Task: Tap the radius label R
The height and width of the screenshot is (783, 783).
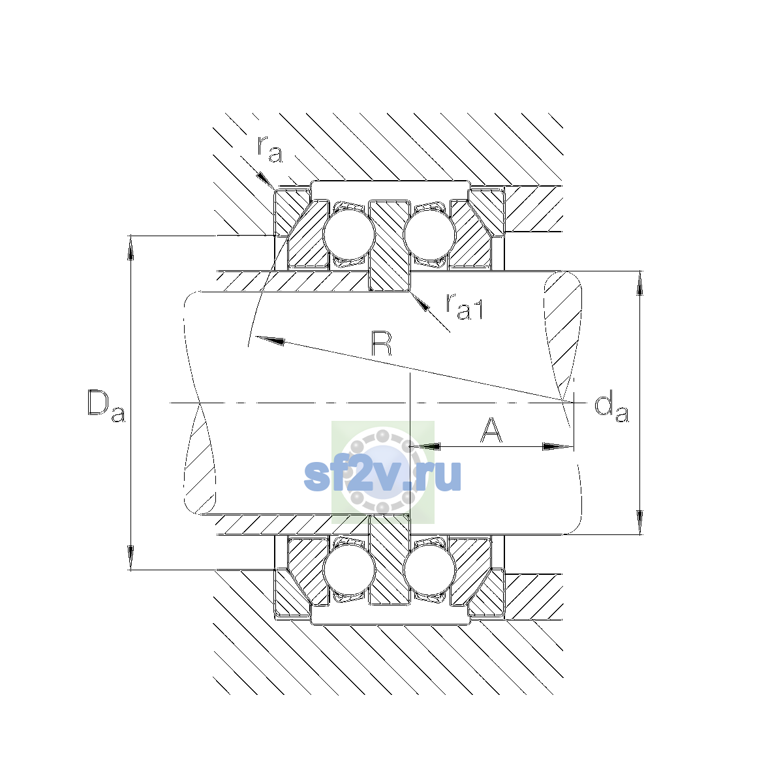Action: (x=381, y=344)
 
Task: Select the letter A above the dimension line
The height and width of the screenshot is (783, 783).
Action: (x=491, y=430)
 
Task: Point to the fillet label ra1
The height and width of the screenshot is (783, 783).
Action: (x=465, y=307)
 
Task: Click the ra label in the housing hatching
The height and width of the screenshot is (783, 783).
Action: (x=269, y=149)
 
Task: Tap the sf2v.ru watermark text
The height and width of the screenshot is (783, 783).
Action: (x=382, y=476)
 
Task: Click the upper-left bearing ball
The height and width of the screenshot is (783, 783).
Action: (x=348, y=234)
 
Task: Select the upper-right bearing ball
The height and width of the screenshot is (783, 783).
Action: (x=429, y=234)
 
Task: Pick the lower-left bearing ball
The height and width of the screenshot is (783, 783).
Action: (x=348, y=570)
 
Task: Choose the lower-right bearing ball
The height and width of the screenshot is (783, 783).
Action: (x=429, y=570)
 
